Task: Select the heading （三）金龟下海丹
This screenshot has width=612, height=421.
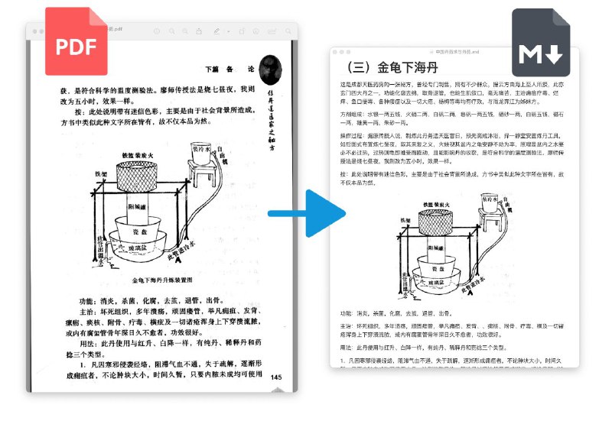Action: (392, 67)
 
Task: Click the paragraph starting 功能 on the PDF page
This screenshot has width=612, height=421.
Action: (161, 301)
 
